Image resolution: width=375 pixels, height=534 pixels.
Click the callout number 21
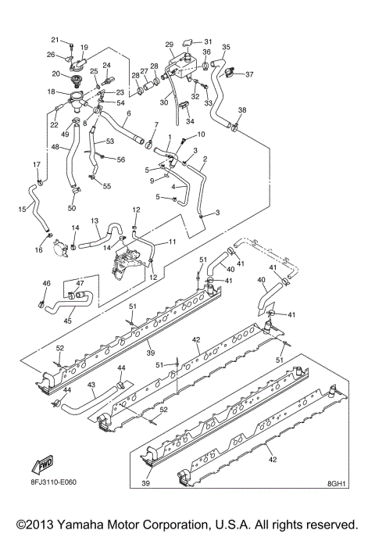click(55, 39)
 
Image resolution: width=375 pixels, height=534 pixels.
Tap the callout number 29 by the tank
click(169, 45)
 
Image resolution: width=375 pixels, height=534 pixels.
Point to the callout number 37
click(249, 75)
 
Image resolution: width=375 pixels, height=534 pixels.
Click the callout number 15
click(22, 209)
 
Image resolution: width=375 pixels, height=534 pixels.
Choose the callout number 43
click(91, 385)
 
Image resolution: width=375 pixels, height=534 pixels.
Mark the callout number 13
click(95, 221)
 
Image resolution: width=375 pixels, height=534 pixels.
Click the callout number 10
click(201, 134)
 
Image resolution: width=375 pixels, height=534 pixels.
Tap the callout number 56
click(121, 159)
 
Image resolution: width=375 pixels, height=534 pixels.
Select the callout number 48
click(55, 147)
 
